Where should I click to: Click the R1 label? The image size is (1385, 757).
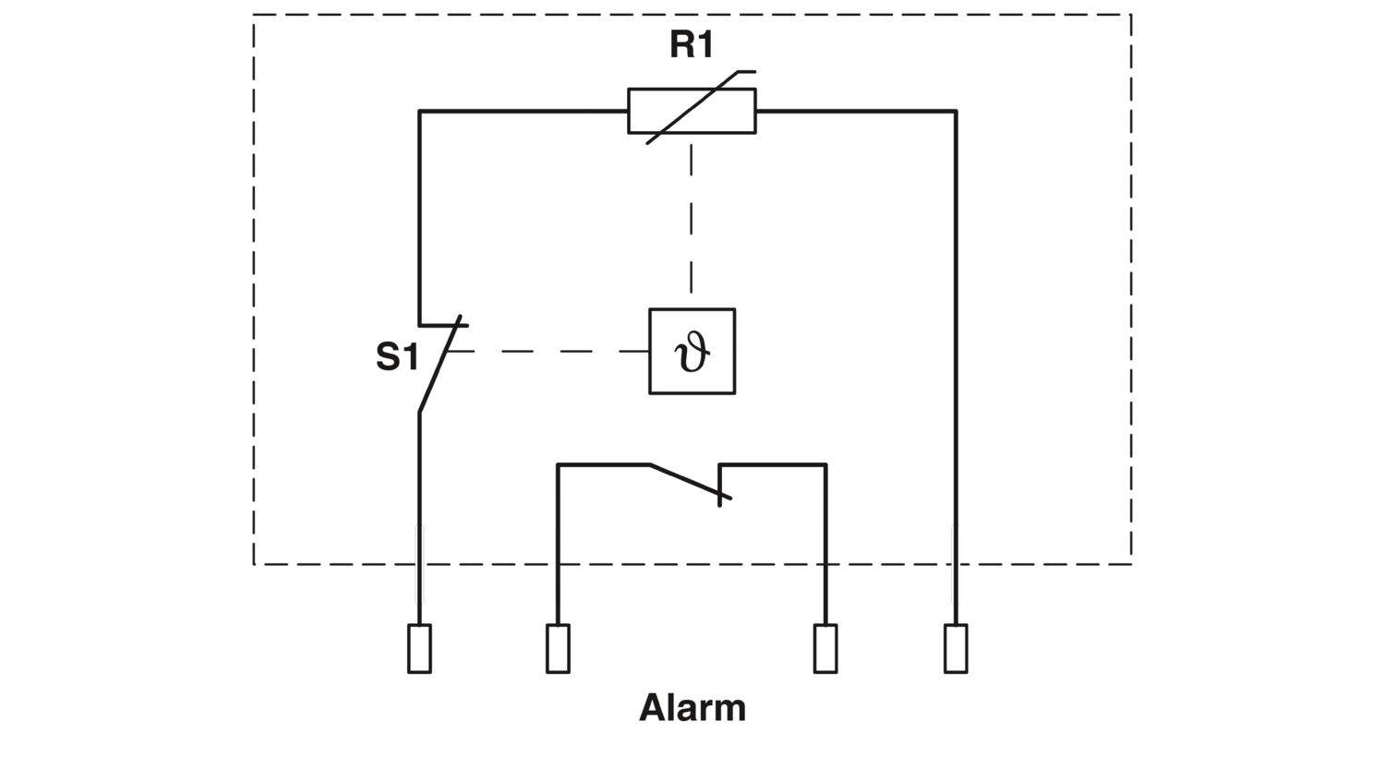tap(692, 45)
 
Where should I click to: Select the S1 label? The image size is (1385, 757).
tap(397, 356)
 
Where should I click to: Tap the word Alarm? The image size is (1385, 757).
tap(692, 707)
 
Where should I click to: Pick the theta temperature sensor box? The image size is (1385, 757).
tap(692, 308)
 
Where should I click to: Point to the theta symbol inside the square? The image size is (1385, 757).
tap(692, 352)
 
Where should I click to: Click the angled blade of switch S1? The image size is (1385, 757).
tap(440, 364)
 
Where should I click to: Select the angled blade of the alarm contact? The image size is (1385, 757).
tap(690, 481)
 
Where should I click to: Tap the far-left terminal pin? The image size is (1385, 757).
tap(419, 648)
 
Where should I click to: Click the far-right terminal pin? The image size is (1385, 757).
tap(956, 648)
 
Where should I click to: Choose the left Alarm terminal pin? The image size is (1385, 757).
tap(558, 648)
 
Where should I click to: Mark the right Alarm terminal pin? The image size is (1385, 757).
tap(825, 648)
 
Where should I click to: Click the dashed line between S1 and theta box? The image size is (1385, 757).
tap(548, 352)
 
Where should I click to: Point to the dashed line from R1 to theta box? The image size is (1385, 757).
tap(692, 221)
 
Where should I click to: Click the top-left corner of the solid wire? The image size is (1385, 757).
tap(419, 111)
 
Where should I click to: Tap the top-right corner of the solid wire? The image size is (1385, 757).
tap(956, 111)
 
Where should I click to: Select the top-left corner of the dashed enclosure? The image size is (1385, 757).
tap(254, 15)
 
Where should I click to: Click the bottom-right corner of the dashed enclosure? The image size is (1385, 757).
tap(1131, 564)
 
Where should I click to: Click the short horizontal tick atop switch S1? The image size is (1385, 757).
tap(443, 325)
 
